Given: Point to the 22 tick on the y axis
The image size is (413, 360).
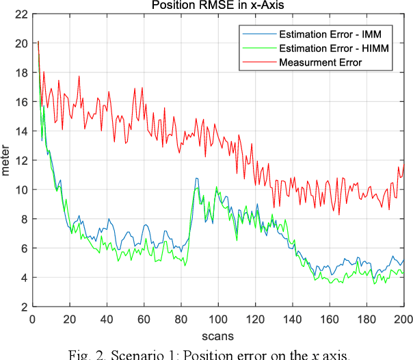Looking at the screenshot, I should (20, 14).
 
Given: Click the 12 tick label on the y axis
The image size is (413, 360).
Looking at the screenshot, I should (20, 160).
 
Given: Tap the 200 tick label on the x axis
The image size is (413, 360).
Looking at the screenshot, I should (403, 319).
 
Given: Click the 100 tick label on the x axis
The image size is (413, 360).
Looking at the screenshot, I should (218, 319).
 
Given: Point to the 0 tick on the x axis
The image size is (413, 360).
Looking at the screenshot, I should (32, 319).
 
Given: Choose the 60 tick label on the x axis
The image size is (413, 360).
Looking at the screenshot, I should (144, 319).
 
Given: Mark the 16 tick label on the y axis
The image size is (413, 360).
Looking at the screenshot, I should (20, 102).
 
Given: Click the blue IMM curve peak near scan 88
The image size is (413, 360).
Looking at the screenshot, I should (196, 179).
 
